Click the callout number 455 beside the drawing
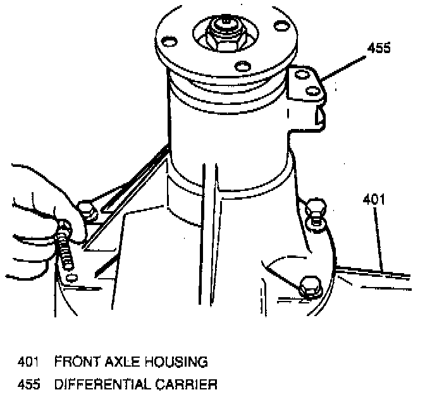coord(379,47)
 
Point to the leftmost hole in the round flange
coord(168,42)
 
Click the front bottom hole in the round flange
coord(243,66)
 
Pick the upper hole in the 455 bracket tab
coord(301,74)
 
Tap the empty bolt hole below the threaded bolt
coord(72,278)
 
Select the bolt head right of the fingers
coord(87,211)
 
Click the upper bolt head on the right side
coord(314,212)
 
